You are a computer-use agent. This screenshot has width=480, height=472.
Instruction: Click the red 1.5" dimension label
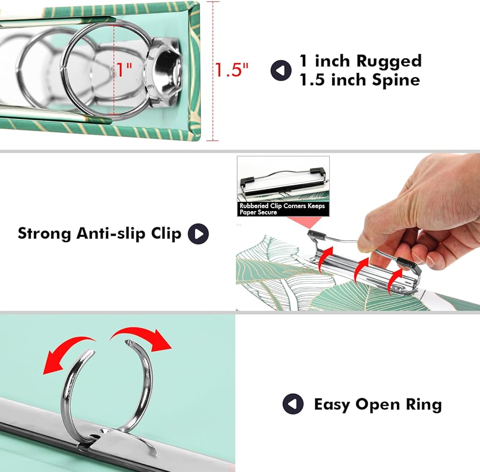[231, 71]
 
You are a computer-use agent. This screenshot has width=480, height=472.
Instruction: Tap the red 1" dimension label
[123, 70]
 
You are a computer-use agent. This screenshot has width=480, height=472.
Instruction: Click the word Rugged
[388, 61]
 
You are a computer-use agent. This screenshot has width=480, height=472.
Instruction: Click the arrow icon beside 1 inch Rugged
[281, 71]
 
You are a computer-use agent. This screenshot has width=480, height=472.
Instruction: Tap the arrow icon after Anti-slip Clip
[198, 234]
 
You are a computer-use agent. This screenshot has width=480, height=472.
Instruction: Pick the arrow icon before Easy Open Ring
[293, 404]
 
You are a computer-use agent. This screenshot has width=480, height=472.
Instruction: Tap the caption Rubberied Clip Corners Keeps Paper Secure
[283, 209]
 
